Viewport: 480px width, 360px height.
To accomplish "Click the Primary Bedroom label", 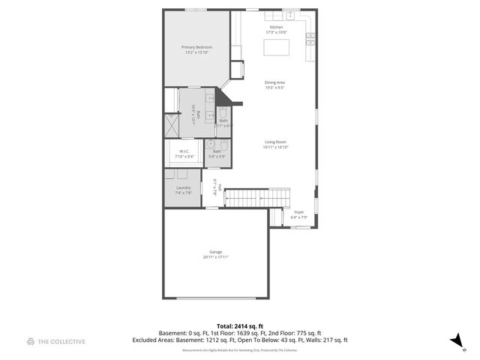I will tap(196, 47).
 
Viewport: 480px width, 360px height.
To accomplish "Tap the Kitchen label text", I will tap(277, 28).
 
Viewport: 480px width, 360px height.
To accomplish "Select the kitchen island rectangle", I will tap(277, 47).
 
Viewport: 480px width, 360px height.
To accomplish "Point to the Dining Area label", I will tap(274, 82).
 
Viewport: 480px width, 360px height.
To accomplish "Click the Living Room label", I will tap(276, 142).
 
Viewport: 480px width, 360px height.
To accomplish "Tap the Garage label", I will tap(215, 252).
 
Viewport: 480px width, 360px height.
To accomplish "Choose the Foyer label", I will tap(298, 213).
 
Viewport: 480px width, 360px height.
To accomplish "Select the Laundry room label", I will tap(183, 187).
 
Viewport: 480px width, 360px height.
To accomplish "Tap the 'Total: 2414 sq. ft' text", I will tap(239, 325).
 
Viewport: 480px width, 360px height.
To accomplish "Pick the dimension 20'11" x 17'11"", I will tap(215, 257).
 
